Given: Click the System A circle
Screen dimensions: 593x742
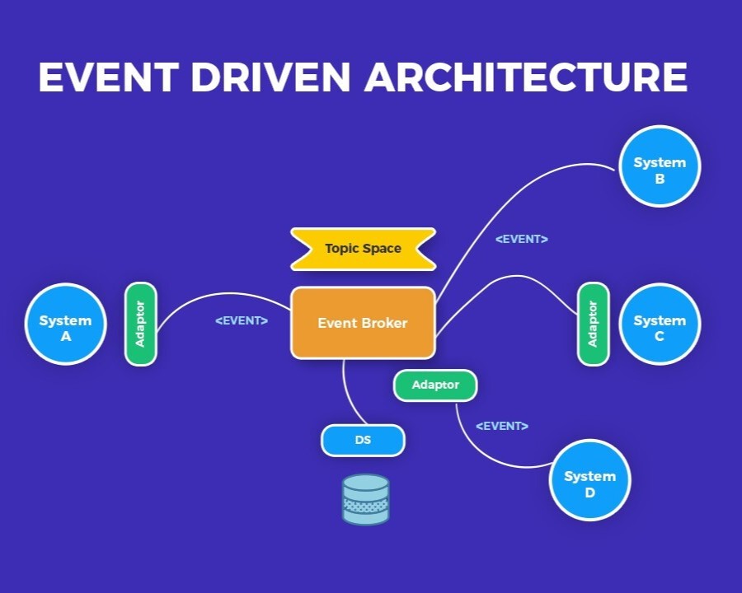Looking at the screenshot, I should coord(65,324).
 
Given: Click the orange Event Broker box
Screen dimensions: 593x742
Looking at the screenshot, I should coord(363,323).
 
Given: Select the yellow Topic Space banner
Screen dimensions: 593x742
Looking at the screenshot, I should coord(363,248).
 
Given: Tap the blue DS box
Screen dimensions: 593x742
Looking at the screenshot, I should coord(363,440).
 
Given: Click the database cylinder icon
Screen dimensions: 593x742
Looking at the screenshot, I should coord(365,499).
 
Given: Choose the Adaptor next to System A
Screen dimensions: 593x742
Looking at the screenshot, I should coord(140,324).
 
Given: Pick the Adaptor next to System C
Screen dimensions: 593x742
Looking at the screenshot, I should coord(592,324).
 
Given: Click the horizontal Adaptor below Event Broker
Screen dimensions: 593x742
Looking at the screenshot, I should coord(434,385).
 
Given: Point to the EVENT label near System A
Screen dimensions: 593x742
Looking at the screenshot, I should coord(241,320).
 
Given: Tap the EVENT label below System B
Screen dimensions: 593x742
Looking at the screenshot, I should coord(521,239).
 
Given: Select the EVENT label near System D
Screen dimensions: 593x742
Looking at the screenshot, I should coord(501,426).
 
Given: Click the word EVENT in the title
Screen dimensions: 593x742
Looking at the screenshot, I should coord(107,77).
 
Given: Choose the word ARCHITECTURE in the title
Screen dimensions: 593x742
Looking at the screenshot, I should coord(526,77).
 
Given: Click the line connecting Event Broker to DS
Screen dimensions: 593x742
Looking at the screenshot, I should coord(350,395).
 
